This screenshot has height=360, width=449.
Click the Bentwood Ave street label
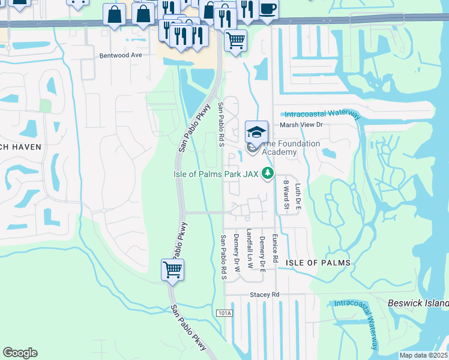click(x=120, y=55)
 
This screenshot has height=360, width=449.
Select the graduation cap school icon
click(x=256, y=131)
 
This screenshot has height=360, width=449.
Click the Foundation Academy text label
click(x=279, y=148)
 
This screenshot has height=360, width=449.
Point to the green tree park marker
click(x=268, y=173)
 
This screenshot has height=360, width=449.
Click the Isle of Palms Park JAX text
click(x=215, y=174)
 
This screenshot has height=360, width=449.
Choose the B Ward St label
click(x=286, y=197)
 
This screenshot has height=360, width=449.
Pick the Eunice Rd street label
click(x=276, y=247)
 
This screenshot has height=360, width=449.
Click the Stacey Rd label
click(x=265, y=295)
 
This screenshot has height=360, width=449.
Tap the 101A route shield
click(x=223, y=313)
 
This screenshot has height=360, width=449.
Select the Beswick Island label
click(x=418, y=302)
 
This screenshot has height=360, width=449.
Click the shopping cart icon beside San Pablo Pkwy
click(x=172, y=270)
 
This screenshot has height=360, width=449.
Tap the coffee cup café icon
click(x=268, y=9)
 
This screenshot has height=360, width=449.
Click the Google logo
click(x=20, y=353)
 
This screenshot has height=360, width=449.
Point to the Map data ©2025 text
click(x=423, y=355)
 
